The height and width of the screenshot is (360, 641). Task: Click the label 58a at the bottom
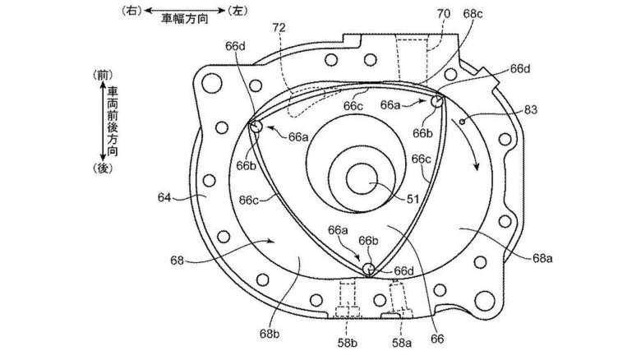[401, 341]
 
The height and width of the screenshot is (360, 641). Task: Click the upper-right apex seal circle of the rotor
[436, 100]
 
